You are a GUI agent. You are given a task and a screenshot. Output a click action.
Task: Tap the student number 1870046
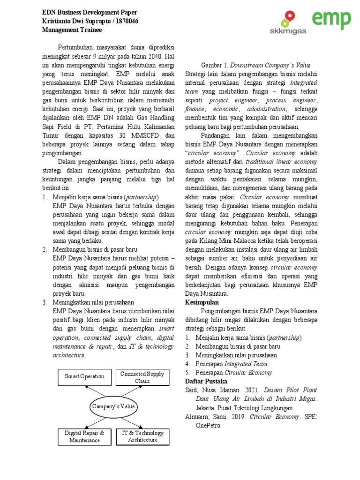coord(126,21)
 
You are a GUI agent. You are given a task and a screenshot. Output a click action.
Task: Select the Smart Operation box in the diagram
coord(84,376)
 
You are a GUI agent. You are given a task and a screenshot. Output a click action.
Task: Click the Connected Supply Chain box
coord(142,377)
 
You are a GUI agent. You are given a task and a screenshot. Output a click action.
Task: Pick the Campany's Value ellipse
coord(113,406)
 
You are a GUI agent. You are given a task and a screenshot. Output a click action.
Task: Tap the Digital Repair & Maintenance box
coord(84,436)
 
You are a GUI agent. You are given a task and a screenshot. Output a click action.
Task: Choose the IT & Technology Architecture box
coord(142,436)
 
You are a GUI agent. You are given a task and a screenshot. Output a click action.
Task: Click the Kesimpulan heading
coord(202,302)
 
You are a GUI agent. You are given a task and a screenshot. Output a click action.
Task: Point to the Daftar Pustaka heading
coord(206,382)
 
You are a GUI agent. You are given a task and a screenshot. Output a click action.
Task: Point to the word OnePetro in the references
coord(209,426)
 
